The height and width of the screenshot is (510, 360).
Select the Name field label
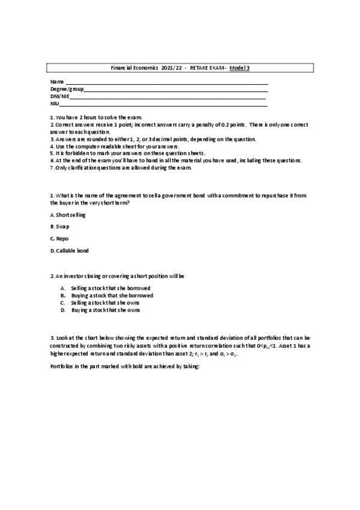point(56,82)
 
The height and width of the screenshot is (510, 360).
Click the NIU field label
point(54,103)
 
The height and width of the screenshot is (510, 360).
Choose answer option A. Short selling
point(68,214)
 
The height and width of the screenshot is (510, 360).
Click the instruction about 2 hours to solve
point(96,117)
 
